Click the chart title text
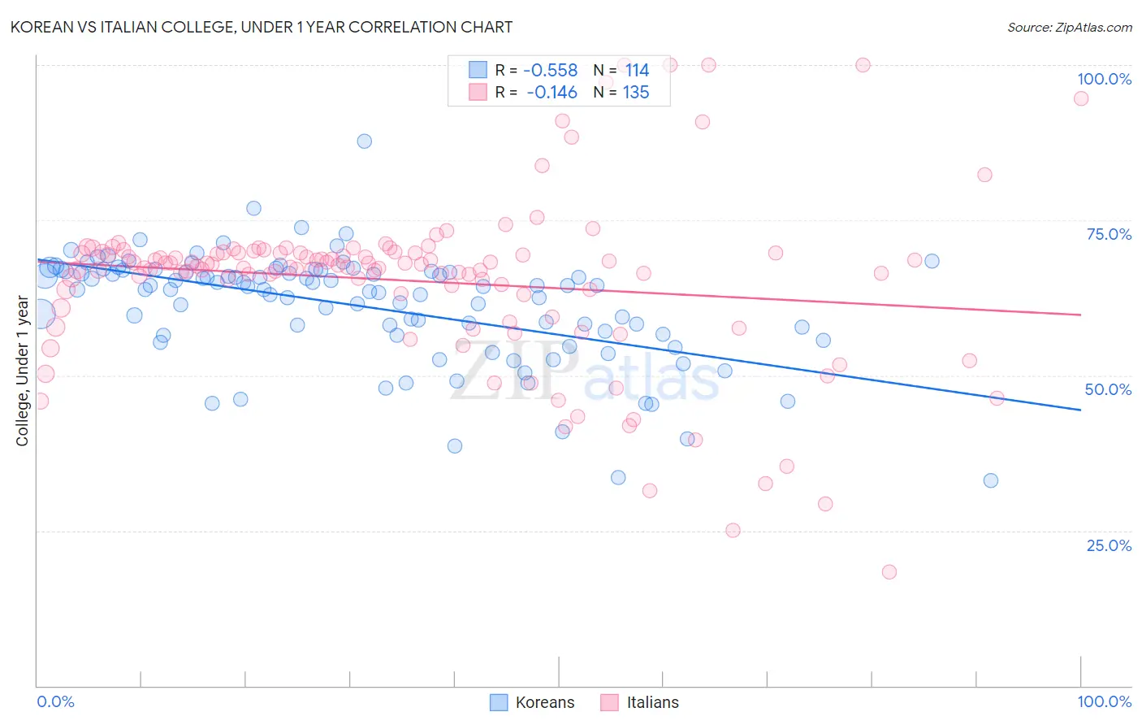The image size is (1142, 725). [x=261, y=27]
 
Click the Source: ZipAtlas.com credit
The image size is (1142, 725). [x=1069, y=27]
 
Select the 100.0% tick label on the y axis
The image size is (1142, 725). [x=1104, y=79]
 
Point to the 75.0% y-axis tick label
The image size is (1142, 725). [x=1109, y=234]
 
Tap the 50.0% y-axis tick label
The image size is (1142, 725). [x=1108, y=389]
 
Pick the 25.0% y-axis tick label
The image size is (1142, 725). [x=1109, y=545]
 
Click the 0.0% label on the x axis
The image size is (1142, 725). [x=55, y=701]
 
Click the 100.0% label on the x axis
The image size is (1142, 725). [x=1104, y=701]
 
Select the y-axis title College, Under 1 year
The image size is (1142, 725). [x=23, y=371]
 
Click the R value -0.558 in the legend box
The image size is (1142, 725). [x=551, y=71]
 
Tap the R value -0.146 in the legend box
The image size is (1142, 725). [x=552, y=93]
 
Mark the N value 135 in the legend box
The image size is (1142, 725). [x=636, y=93]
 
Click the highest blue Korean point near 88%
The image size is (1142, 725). [x=365, y=141]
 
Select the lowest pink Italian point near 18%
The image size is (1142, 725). [x=889, y=572]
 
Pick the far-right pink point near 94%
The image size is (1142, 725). [x=1081, y=98]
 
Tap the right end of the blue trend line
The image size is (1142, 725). [x=1080, y=410]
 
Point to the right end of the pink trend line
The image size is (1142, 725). [x=1080, y=315]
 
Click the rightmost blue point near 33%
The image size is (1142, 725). [x=991, y=480]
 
